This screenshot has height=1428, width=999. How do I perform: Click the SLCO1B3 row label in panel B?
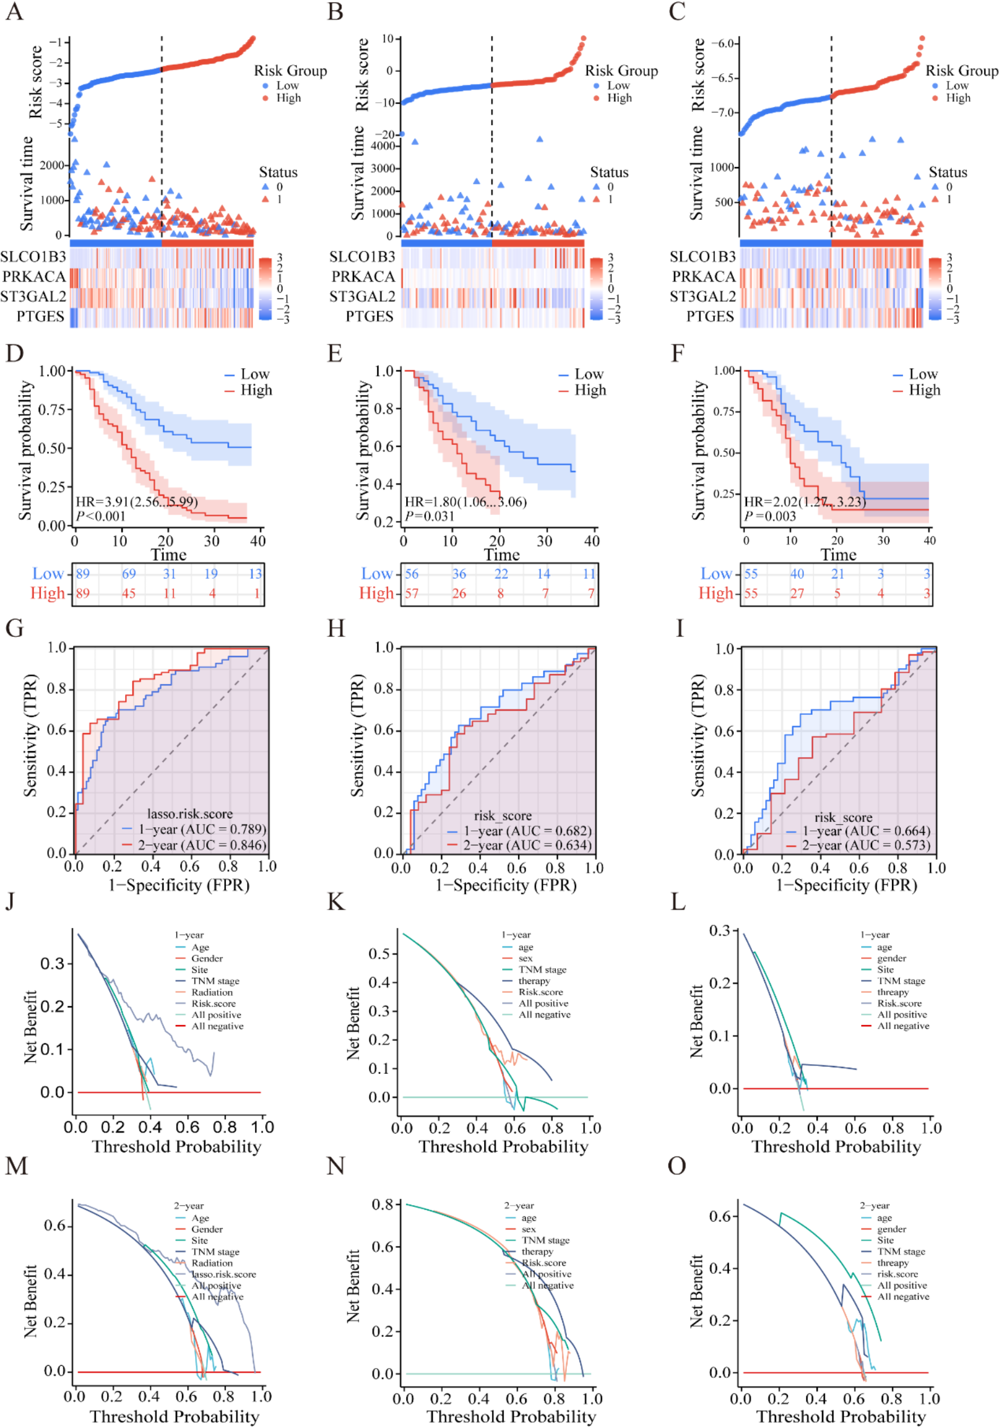tap(362, 257)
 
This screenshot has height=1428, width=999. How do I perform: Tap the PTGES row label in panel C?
tap(710, 317)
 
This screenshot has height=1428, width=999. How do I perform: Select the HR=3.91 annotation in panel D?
tap(136, 502)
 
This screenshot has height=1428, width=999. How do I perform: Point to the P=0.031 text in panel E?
tap(429, 515)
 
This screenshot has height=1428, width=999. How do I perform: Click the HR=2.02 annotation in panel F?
tap(804, 502)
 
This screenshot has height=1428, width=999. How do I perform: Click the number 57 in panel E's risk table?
tap(411, 593)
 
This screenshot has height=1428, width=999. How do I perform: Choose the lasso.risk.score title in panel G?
tap(190, 813)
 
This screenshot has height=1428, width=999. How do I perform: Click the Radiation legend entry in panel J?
tap(212, 992)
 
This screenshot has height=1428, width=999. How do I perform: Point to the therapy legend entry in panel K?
tap(534, 981)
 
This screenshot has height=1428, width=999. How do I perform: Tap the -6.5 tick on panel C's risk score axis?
tap(724, 78)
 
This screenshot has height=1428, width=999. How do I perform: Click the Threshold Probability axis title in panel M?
tap(174, 1416)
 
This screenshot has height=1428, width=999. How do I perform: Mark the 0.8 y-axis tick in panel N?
tap(382, 1205)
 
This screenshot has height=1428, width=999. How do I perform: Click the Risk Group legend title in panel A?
tap(290, 71)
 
